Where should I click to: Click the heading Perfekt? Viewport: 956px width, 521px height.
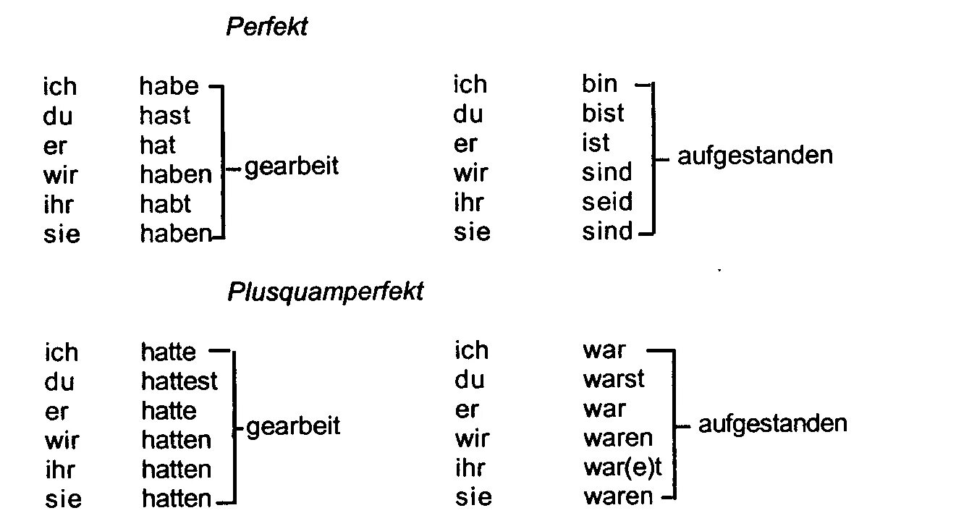click(266, 27)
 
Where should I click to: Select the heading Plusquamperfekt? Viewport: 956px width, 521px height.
click(325, 292)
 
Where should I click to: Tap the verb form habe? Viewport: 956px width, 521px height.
click(169, 86)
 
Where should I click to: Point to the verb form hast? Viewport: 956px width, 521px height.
click(165, 116)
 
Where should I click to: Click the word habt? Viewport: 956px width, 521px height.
click(165, 204)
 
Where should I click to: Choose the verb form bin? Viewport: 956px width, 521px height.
click(599, 84)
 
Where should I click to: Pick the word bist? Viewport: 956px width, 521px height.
click(602, 114)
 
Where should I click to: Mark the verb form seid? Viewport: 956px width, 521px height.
click(606, 202)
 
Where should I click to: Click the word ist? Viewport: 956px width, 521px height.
click(596, 143)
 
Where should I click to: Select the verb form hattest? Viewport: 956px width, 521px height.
click(179, 381)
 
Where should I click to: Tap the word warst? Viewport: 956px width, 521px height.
click(613, 378)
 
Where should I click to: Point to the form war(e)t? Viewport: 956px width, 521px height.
click(622, 467)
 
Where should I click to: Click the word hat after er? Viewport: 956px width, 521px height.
click(157, 145)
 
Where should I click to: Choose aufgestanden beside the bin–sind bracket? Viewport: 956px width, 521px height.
click(755, 156)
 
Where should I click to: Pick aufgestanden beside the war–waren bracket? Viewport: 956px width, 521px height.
click(772, 424)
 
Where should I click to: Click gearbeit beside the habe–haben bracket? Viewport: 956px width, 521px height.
click(292, 168)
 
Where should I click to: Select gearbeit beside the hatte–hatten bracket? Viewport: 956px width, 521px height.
click(293, 427)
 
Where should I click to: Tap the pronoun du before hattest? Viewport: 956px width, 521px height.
click(59, 381)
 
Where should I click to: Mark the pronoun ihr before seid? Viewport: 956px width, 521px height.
click(468, 203)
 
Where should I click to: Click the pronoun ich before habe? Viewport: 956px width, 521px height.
click(59, 87)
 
